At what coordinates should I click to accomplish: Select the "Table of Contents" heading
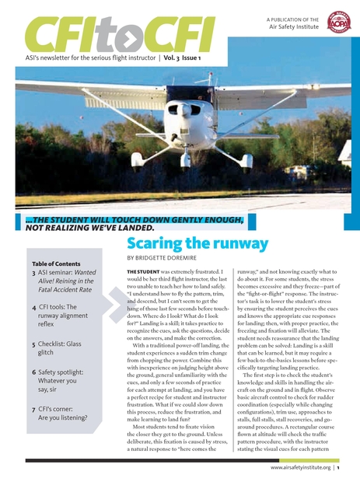pyautogui.click(x=57, y=263)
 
